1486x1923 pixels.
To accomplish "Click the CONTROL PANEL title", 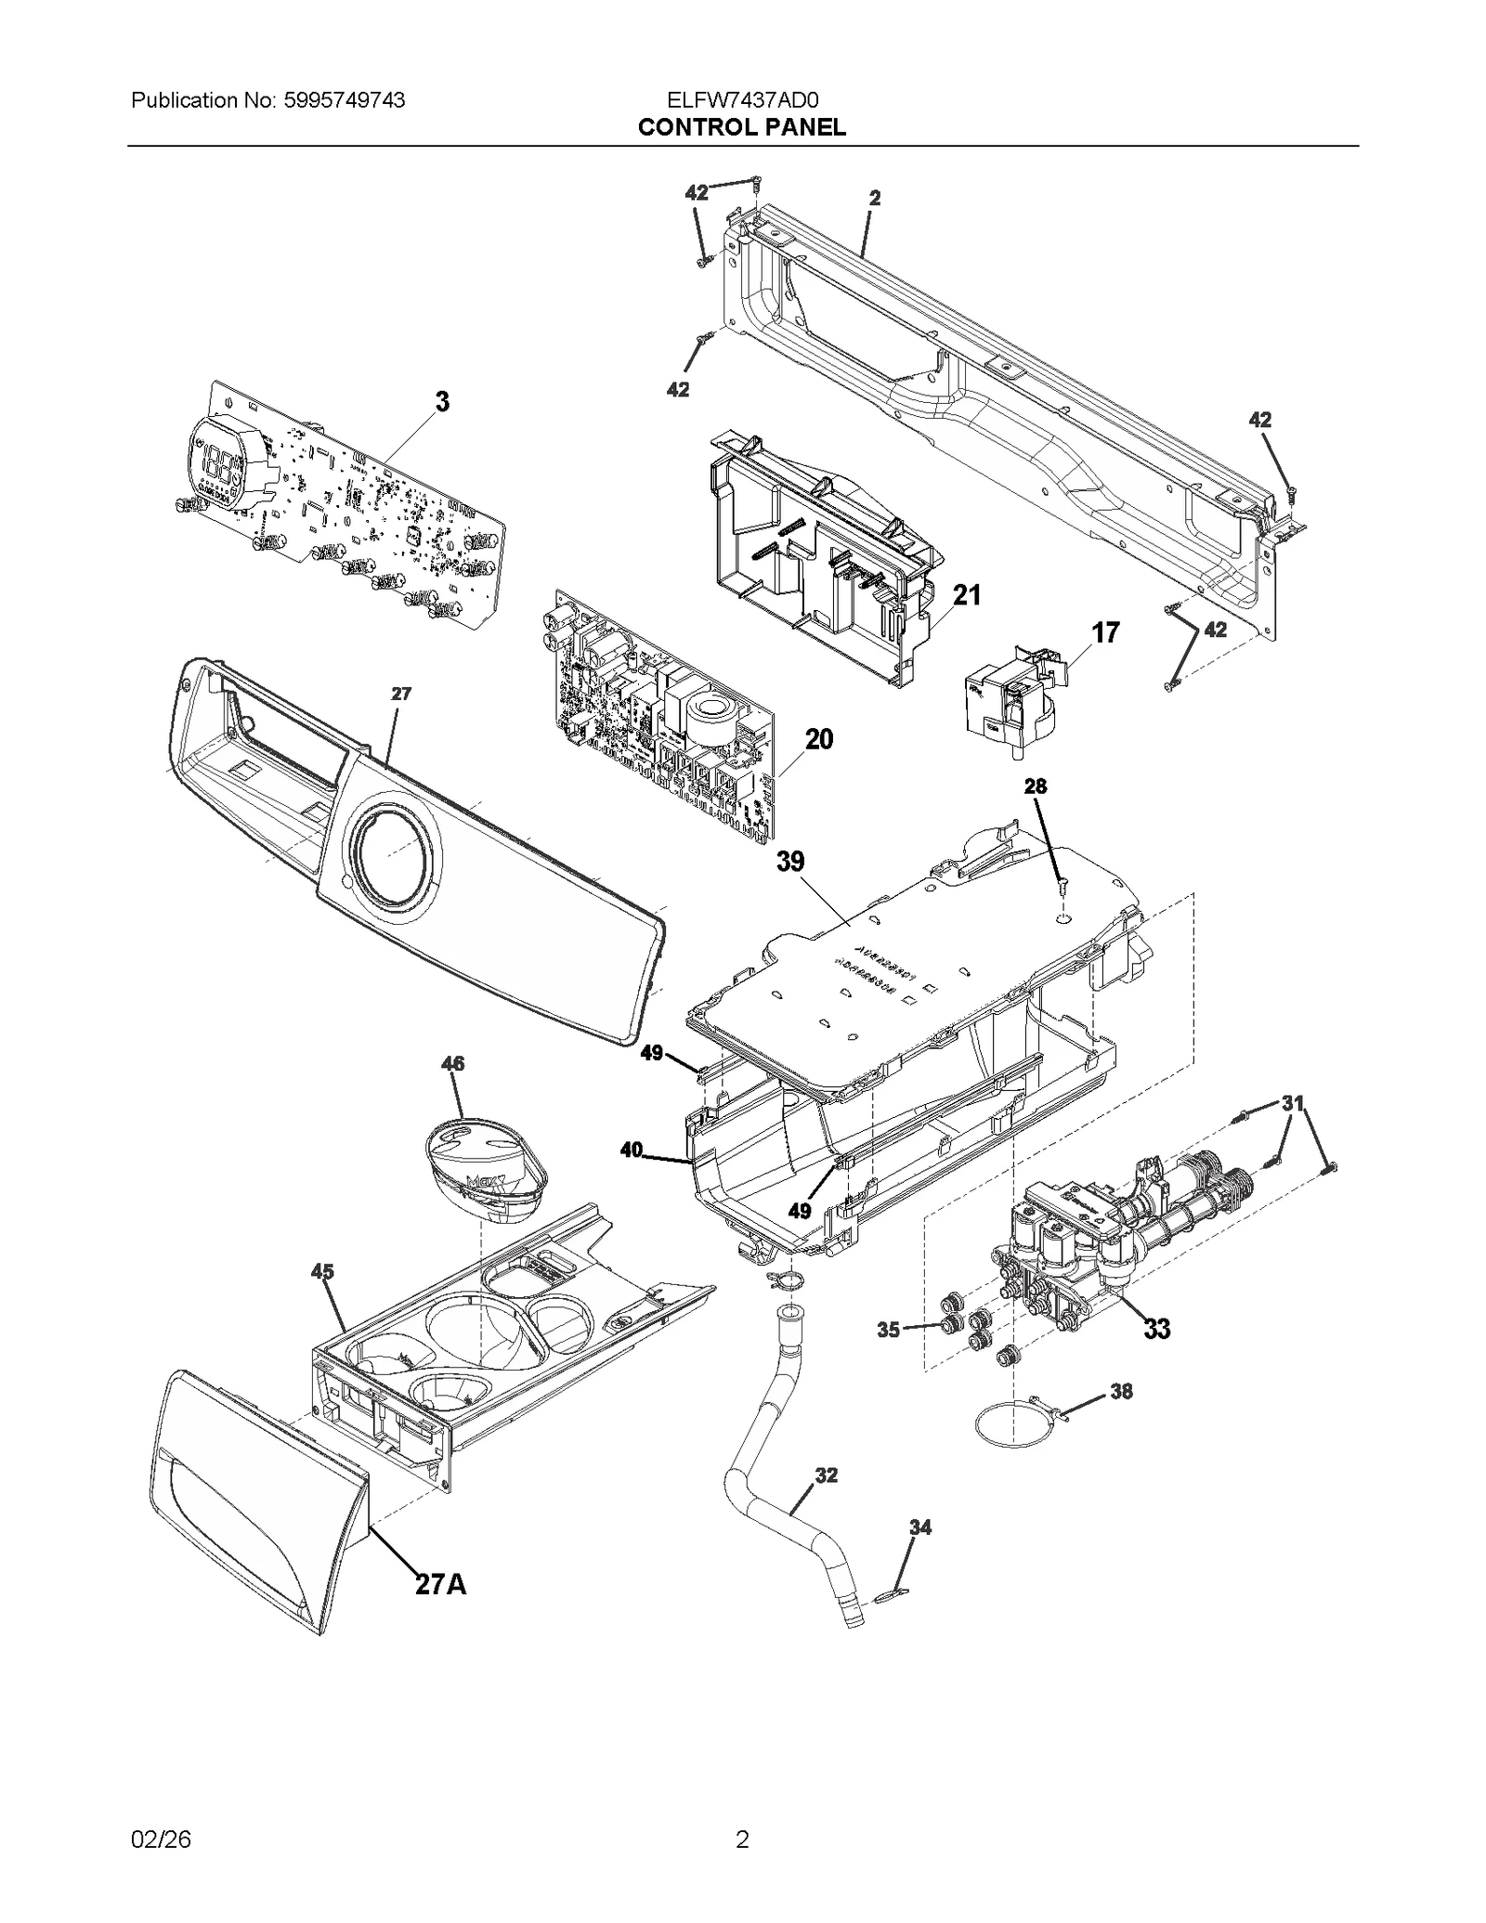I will [741, 127].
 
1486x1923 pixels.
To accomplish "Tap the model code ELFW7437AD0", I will [741, 100].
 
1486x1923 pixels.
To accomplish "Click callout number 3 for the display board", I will [443, 402].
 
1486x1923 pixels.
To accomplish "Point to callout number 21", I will [967, 595].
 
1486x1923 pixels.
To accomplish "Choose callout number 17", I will [1105, 633].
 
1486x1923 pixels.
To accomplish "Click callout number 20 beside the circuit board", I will [818, 739].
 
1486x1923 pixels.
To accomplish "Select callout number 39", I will [790, 862].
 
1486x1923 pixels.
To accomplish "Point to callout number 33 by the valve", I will [1156, 1329].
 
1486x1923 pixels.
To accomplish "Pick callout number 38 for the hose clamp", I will [1121, 1392].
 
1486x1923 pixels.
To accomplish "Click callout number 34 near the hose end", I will [919, 1527].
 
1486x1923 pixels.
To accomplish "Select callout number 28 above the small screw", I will [1035, 786].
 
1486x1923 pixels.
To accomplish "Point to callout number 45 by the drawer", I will [322, 1272].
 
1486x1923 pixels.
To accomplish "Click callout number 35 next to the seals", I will [888, 1330].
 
